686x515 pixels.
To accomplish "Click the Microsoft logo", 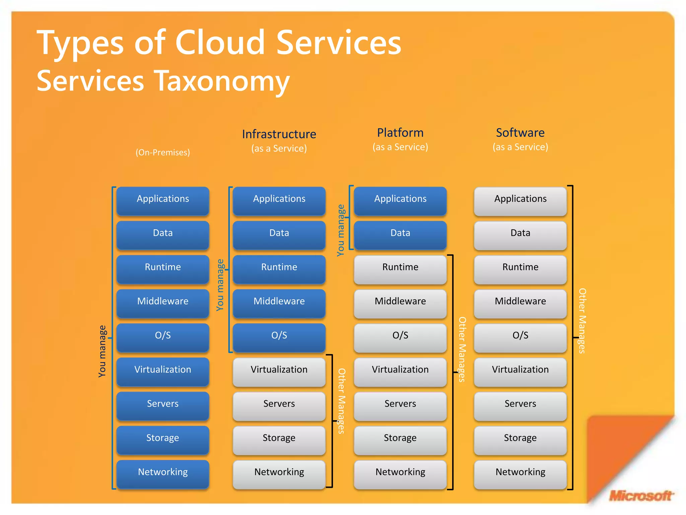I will click(x=640, y=496).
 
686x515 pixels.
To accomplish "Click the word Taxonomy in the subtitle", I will click(x=223, y=81).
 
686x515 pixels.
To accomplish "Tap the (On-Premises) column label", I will click(x=163, y=153).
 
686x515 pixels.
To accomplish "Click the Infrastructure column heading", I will click(x=279, y=134).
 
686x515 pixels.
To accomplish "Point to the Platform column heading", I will click(x=400, y=133).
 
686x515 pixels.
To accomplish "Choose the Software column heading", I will click(x=520, y=133).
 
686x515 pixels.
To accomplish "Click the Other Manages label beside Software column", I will click(x=582, y=321).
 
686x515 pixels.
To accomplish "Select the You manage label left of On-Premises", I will click(x=102, y=351).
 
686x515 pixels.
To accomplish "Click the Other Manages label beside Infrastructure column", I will click(x=341, y=401).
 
